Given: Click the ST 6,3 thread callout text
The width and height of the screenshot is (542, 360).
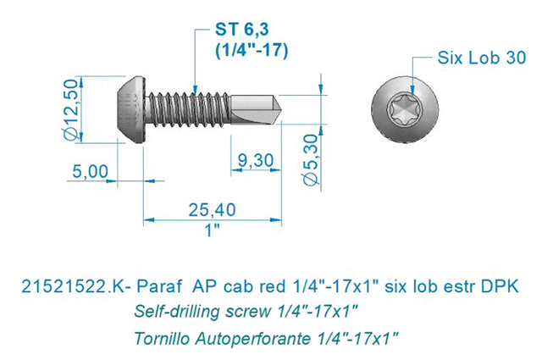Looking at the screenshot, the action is click(241, 30).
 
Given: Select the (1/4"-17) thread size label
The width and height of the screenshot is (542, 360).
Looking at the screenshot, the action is click(252, 51).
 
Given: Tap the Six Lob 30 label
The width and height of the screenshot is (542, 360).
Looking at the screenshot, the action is click(482, 58).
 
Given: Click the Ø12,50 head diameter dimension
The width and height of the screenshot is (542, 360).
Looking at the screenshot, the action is click(71, 109).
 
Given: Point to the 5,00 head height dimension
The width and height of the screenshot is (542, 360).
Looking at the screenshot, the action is click(91, 171).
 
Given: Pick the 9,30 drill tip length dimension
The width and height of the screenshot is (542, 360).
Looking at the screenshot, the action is click(256, 160).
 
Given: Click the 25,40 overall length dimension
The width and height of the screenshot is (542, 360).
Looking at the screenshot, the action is click(213, 210).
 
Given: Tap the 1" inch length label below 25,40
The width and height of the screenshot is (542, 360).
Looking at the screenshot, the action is click(213, 230).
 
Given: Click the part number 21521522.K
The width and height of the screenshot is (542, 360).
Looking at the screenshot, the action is click(72, 286).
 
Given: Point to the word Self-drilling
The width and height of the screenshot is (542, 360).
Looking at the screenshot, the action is click(177, 312).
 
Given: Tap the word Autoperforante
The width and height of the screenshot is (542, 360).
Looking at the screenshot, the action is click(252, 339).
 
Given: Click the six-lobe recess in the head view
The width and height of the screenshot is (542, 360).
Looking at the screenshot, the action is click(405, 109).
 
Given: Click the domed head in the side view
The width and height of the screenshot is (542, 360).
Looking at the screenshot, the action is click(130, 109).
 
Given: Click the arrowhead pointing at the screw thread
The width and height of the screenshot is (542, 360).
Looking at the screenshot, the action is click(195, 89).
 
